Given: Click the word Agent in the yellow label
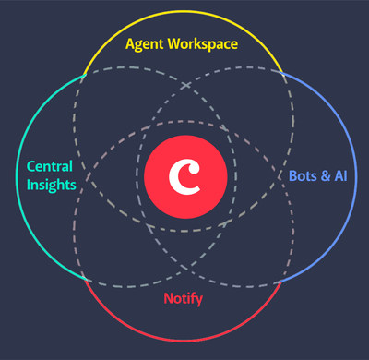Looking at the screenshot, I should (146, 43).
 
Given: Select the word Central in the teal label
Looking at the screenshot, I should (51, 167).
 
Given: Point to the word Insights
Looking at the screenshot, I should (51, 185).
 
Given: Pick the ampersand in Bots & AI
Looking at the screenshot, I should (326, 174).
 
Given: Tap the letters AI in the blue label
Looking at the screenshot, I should (341, 174).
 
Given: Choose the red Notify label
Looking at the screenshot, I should (183, 298).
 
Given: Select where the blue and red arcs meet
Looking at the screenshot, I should (283, 282).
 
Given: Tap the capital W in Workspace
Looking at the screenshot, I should (179, 43).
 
